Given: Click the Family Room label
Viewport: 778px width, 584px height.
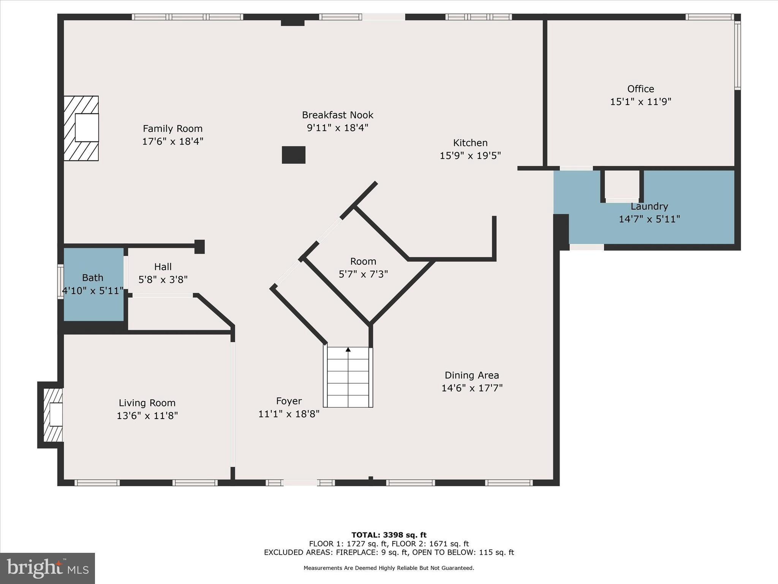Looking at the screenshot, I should [x=172, y=129].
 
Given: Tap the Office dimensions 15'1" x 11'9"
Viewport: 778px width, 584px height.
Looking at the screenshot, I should [x=640, y=102].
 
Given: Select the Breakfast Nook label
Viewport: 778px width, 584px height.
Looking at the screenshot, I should [x=337, y=115].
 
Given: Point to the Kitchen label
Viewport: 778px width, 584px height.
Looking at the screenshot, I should [x=470, y=143].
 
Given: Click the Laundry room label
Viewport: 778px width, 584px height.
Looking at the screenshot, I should [x=649, y=206].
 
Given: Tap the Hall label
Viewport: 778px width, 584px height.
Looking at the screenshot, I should [x=163, y=267].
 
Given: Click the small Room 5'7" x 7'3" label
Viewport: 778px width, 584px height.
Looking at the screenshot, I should [x=363, y=262].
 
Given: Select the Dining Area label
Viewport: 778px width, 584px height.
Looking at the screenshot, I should [x=471, y=375].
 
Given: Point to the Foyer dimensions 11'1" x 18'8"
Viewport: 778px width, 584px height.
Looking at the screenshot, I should [x=289, y=414].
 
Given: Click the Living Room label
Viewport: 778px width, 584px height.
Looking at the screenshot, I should [x=147, y=403].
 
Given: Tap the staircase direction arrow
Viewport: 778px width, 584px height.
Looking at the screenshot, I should [x=348, y=349].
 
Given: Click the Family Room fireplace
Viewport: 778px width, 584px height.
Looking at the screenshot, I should [x=81, y=128].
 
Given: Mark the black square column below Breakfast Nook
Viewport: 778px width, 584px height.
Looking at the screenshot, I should [x=293, y=155].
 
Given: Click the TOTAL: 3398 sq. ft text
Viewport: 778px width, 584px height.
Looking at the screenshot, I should [x=389, y=535].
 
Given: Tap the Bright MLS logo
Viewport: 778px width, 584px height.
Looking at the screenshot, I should [x=47, y=568].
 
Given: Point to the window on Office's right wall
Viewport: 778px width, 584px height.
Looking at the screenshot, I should [x=737, y=55].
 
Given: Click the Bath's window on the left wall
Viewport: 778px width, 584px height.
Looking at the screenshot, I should [x=60, y=282].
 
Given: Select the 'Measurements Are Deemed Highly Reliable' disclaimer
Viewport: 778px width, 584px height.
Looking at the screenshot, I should [x=389, y=568].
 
